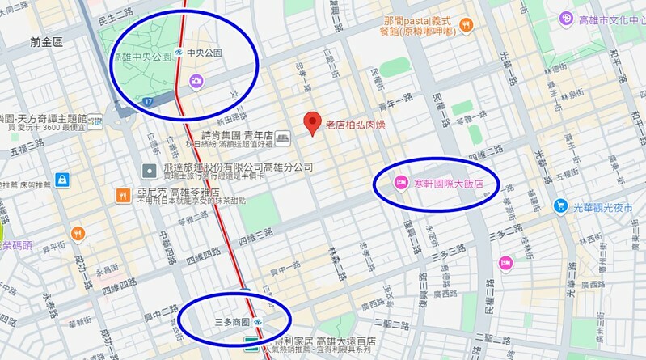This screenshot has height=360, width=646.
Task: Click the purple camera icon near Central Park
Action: click(x=196, y=80)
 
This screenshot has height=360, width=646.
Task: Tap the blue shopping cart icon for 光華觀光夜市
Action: click(x=559, y=207)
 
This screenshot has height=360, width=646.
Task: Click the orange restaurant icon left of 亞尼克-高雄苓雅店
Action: click(x=123, y=194)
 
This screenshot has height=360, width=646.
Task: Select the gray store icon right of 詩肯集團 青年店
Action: click(x=282, y=138)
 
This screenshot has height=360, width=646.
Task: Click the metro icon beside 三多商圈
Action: click(x=257, y=322)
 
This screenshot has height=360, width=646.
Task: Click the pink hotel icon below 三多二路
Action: click(x=505, y=262)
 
